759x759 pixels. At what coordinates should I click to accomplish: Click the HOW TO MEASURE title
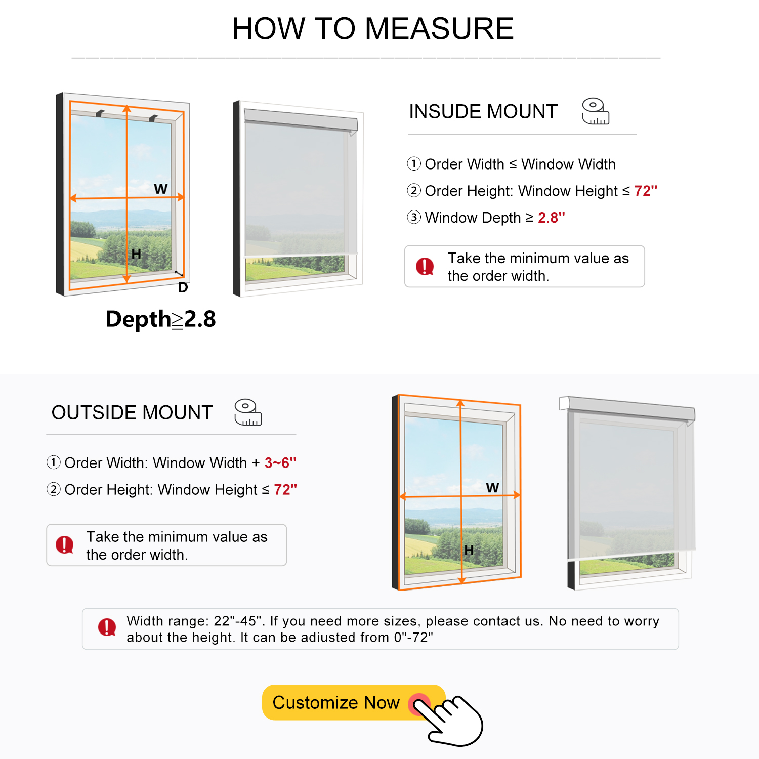click(x=373, y=28)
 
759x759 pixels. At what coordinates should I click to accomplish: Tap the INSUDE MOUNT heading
click(x=483, y=112)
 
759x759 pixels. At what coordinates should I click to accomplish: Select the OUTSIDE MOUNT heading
click(x=132, y=413)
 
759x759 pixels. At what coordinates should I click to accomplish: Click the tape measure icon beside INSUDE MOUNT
click(x=595, y=111)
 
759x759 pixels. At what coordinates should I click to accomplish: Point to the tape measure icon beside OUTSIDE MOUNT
click(x=247, y=412)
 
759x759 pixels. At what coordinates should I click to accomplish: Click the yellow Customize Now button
click(x=336, y=702)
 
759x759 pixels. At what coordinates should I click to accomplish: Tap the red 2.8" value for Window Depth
click(x=551, y=218)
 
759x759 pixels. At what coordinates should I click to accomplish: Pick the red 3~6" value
click(x=280, y=463)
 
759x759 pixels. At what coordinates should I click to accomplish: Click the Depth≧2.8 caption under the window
click(x=160, y=319)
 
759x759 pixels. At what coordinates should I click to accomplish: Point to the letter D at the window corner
click(x=183, y=288)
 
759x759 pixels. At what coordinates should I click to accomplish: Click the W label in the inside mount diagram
click(x=161, y=189)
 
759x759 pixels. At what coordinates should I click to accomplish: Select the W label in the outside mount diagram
click(x=492, y=488)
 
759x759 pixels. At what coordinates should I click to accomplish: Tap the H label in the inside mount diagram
click(x=136, y=254)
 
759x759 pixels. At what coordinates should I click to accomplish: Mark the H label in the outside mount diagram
click(x=469, y=551)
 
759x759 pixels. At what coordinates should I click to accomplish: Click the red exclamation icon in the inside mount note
click(x=425, y=266)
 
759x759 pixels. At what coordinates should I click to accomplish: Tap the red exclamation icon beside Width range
click(x=107, y=627)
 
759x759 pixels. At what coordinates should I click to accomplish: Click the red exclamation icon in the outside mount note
click(x=65, y=545)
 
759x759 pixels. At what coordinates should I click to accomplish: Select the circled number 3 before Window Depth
click(x=414, y=218)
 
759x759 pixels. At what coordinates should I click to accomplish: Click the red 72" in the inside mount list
click(x=645, y=191)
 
